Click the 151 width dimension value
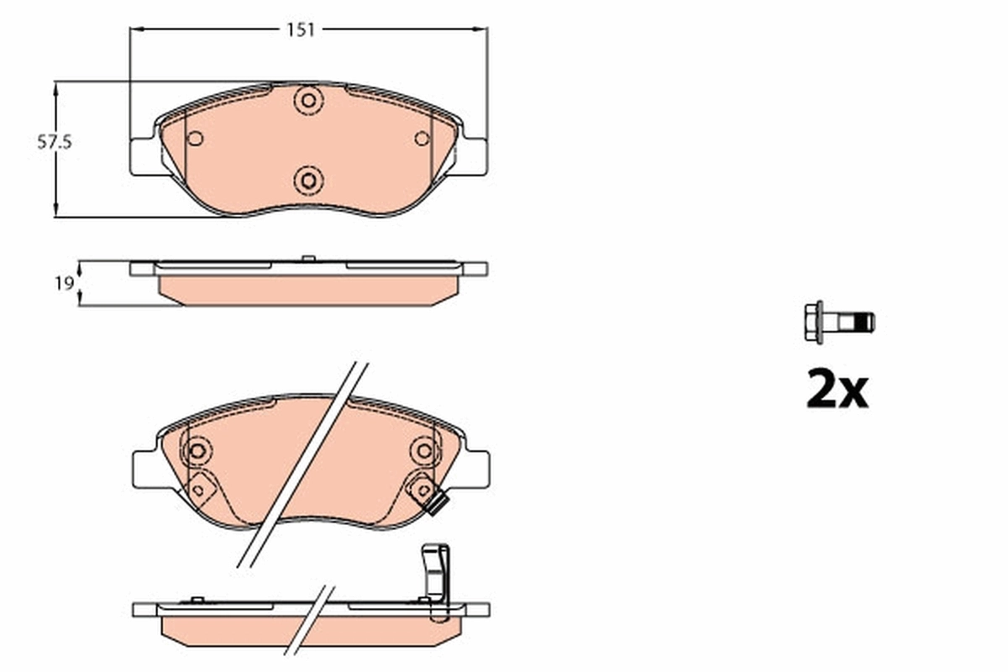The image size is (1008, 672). [x=300, y=30]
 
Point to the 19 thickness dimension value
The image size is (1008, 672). [x=62, y=284]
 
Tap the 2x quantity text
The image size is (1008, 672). [x=837, y=390]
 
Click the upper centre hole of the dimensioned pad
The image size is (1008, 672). [x=308, y=101]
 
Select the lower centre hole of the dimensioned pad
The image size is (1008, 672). [x=308, y=178]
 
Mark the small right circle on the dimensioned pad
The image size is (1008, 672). [x=423, y=139]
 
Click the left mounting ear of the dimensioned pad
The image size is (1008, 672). [x=142, y=156]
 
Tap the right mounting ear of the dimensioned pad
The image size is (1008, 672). [x=474, y=156]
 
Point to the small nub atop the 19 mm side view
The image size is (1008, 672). [x=307, y=257]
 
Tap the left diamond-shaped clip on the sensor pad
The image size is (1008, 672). [x=199, y=485]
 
